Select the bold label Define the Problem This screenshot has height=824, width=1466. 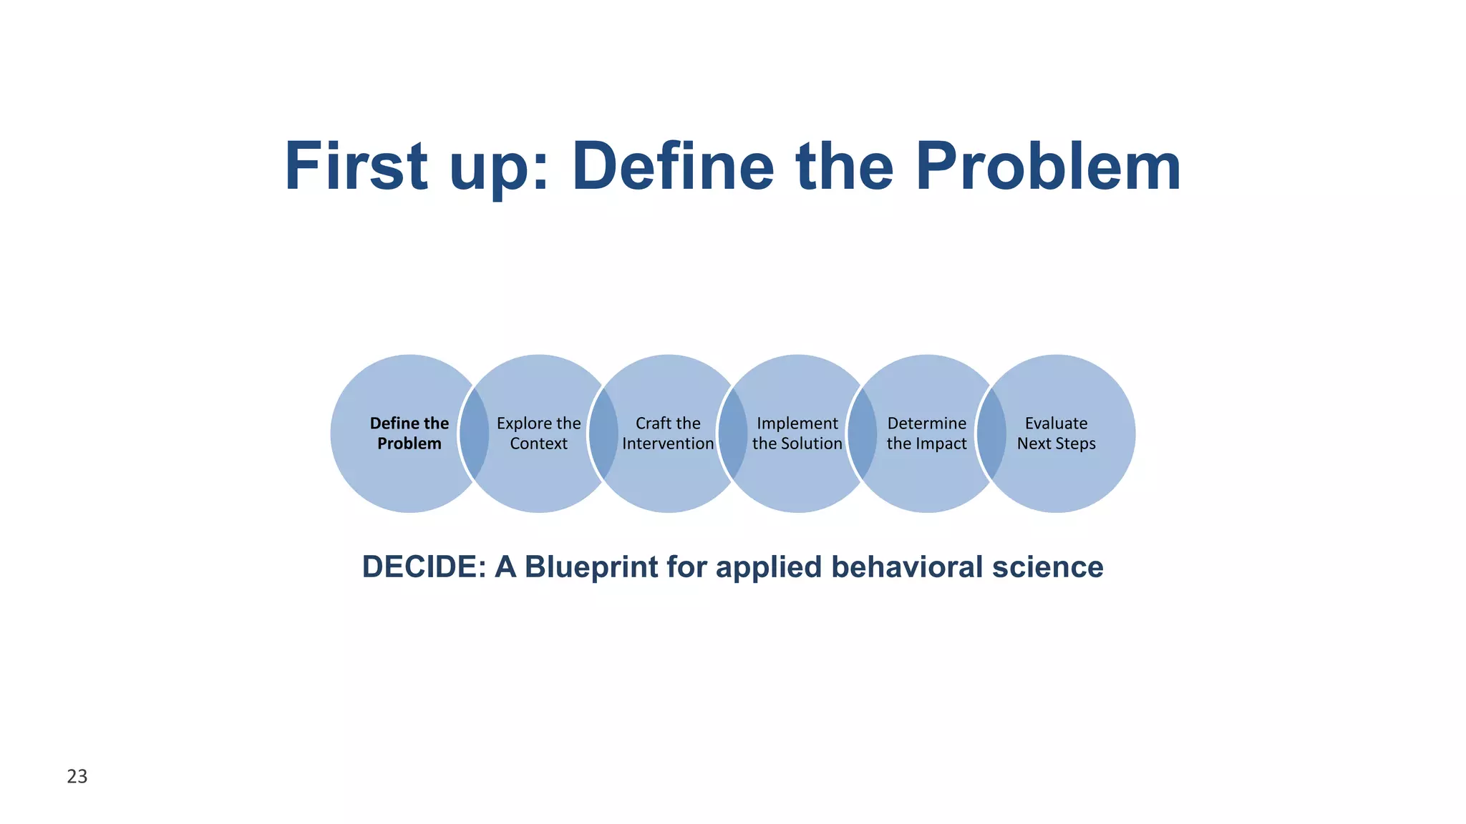[x=409, y=433]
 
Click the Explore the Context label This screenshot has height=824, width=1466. [x=538, y=433]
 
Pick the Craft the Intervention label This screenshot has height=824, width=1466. [x=668, y=433]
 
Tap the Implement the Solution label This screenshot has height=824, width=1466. [x=797, y=433]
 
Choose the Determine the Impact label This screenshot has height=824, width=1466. [x=926, y=433]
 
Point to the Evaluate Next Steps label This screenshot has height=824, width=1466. [x=1056, y=433]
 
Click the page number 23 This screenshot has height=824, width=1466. [x=77, y=776]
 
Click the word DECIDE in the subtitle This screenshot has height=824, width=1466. [x=424, y=567]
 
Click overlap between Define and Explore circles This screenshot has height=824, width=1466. [x=474, y=433]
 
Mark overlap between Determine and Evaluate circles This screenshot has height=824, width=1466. [x=991, y=433]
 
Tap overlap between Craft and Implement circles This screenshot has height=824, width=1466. [x=732, y=433]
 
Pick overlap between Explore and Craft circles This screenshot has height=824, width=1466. [x=603, y=433]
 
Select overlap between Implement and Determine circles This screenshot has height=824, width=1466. [x=862, y=433]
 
